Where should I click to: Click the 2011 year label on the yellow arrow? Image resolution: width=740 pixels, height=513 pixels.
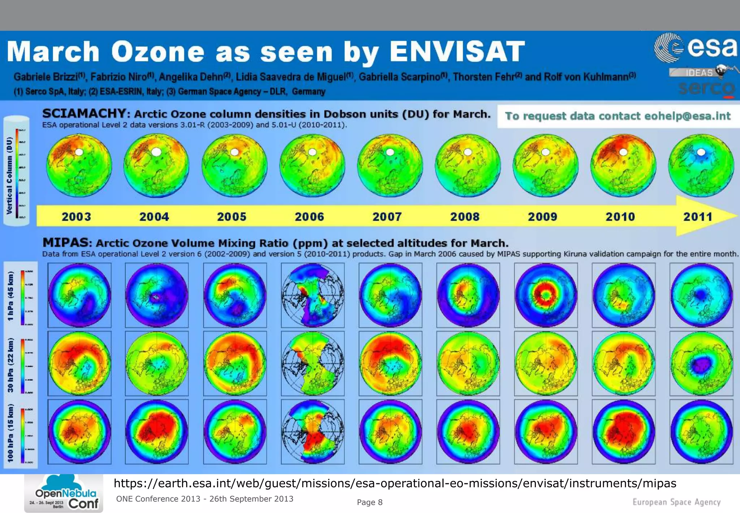[x=697, y=217]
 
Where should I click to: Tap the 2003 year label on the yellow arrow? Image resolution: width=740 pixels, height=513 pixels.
[x=76, y=217]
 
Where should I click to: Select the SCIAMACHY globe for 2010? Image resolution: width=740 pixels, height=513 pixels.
[x=623, y=165]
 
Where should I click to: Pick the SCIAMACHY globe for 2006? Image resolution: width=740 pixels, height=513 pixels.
[x=312, y=165]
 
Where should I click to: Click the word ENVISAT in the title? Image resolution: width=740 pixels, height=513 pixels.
[x=457, y=51]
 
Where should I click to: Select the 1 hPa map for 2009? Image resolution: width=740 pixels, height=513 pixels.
[x=546, y=295]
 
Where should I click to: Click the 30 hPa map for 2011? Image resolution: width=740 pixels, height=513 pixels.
[x=701, y=363]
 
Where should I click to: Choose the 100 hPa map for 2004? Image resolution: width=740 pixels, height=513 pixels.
[x=156, y=432]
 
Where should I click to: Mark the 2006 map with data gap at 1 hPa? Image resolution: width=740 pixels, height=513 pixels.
[x=313, y=295]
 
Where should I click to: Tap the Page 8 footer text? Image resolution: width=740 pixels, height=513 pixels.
[x=369, y=502]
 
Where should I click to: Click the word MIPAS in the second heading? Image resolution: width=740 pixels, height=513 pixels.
[x=65, y=242]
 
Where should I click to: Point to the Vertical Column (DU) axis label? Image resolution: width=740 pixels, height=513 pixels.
[x=9, y=175]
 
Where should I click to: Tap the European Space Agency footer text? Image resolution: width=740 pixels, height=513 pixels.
[x=676, y=502]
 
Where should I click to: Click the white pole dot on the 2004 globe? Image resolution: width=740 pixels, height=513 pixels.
[x=156, y=152]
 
